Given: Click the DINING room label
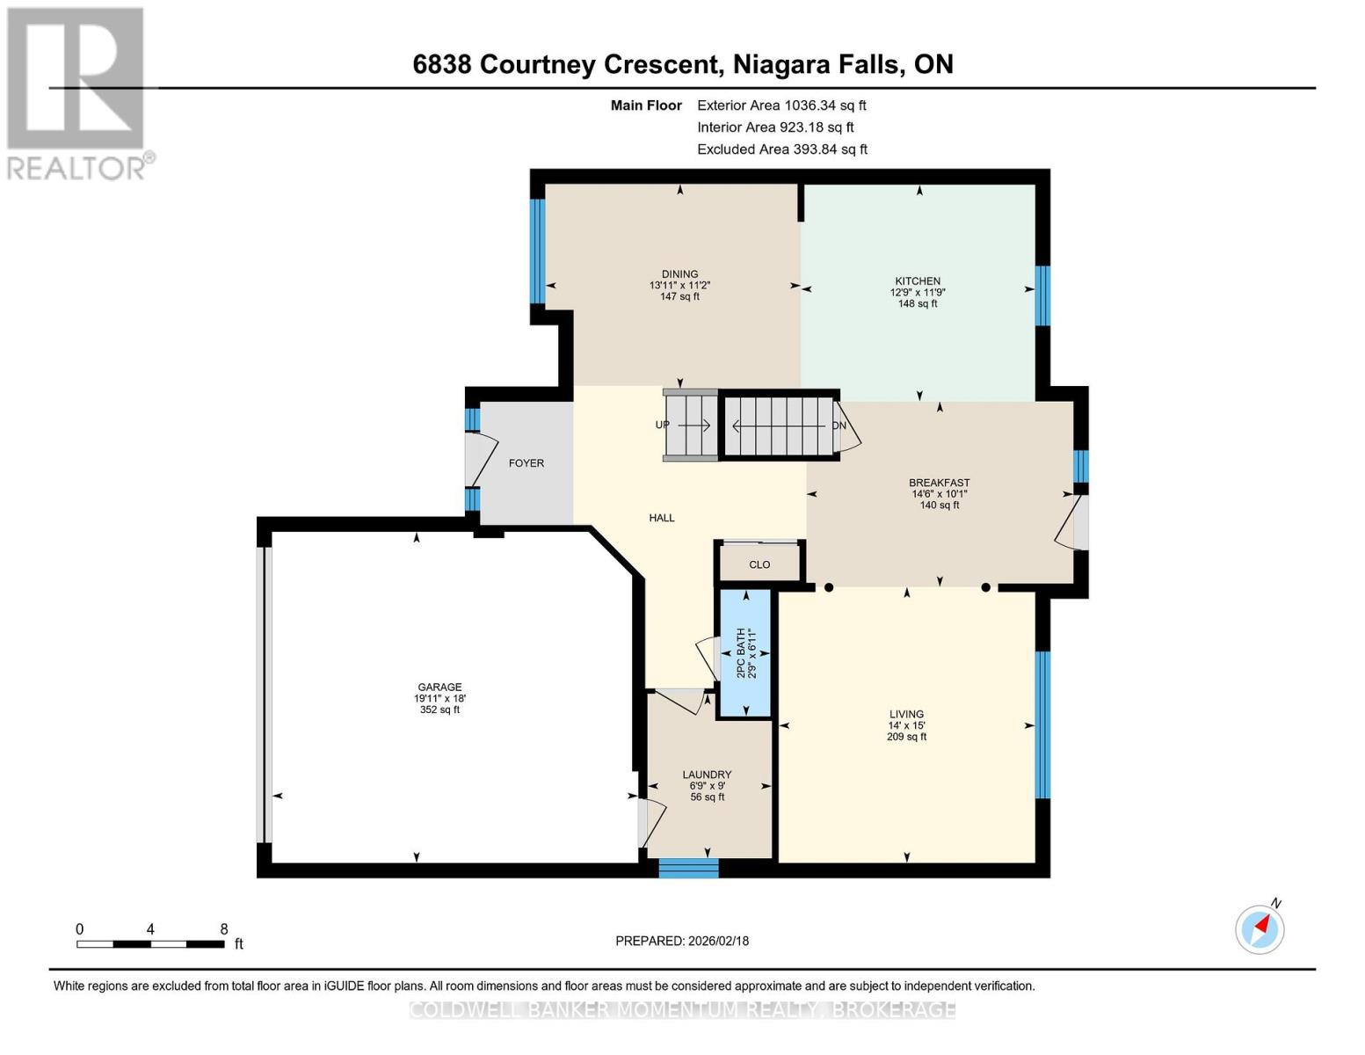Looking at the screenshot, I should tap(679, 274).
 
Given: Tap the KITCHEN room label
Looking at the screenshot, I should tap(918, 281).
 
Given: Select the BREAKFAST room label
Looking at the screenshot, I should tap(939, 483).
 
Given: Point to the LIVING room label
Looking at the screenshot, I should tap(906, 715).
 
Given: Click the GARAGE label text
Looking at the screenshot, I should tap(439, 688).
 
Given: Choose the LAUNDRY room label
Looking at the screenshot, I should tap(707, 775).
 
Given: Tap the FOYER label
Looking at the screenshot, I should tap(526, 463).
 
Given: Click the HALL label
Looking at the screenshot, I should tap(662, 518).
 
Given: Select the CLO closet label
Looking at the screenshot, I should tap(759, 564).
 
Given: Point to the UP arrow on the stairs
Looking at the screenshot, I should tap(693, 426).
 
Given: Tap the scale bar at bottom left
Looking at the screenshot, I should tap(149, 944).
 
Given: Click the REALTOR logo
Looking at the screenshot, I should tap(77, 93).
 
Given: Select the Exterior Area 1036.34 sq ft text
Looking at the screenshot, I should tap(781, 105).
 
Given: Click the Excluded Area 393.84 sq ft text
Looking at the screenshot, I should tap(782, 149).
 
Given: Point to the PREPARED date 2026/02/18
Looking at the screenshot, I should tap(682, 941).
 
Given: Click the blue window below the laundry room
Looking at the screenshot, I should tap(689, 869).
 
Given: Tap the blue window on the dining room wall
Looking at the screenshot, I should tap(537, 251).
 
